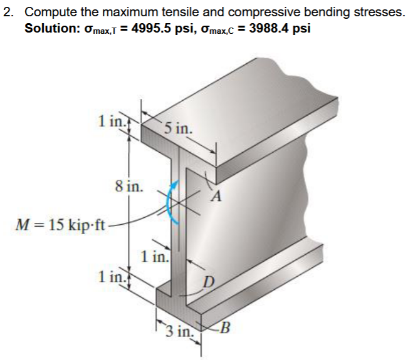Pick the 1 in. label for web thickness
(x=155, y=256)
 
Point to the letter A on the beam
(x=217, y=198)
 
